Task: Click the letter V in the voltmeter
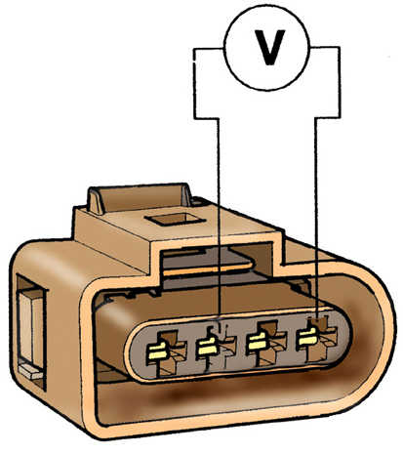269,48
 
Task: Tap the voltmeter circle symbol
266,48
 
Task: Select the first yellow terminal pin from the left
156,352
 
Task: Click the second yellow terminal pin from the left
207,347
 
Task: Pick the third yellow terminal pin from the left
257,342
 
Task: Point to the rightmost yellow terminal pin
306,337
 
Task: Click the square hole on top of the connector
175,219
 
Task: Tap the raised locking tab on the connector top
139,199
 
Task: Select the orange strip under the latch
208,268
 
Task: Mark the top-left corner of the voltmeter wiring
194,49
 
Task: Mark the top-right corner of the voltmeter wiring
340,48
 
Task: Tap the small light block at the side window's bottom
31,371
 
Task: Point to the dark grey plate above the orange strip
208,256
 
